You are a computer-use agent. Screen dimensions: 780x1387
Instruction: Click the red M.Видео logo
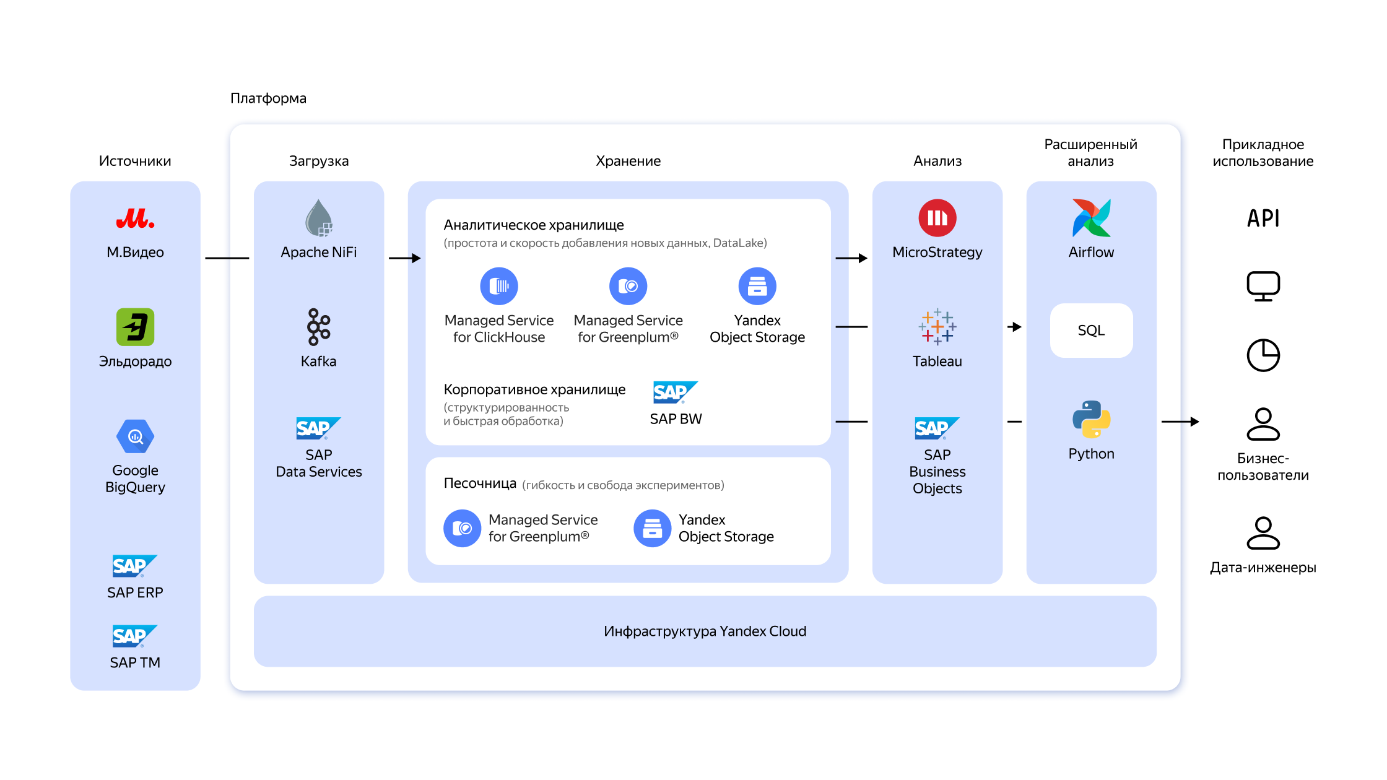(x=135, y=219)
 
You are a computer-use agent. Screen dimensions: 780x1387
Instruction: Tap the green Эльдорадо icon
(x=135, y=327)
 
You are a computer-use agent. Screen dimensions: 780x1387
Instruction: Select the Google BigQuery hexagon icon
(x=135, y=436)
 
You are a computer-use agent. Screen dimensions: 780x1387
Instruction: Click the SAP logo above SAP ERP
(x=134, y=566)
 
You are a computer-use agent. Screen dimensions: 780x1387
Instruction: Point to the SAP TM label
(x=135, y=662)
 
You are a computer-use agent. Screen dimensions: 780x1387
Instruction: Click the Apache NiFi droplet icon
(x=319, y=219)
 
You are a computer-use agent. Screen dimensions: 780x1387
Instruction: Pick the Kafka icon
(x=319, y=327)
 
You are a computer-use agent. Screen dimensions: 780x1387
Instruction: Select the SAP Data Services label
(x=319, y=463)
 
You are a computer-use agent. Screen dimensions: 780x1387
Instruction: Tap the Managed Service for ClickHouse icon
(x=499, y=286)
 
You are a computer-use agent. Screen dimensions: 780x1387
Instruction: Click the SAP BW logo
(x=675, y=392)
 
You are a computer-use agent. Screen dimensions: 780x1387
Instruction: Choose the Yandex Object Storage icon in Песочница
(x=652, y=528)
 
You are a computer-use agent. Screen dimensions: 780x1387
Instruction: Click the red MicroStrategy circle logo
(x=937, y=218)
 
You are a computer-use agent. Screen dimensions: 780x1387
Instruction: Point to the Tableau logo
(x=937, y=327)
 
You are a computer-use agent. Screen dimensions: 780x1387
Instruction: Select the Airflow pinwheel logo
(x=1091, y=218)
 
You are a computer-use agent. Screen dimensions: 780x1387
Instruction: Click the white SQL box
(x=1091, y=331)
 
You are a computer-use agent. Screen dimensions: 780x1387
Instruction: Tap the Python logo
(x=1091, y=419)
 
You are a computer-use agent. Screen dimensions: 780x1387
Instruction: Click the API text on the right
(x=1263, y=219)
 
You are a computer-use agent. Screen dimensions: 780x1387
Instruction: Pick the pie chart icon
(x=1263, y=355)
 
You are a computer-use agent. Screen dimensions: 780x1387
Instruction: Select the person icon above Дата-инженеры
(x=1263, y=533)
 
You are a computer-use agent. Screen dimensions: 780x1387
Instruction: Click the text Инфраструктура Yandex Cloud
(x=705, y=631)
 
